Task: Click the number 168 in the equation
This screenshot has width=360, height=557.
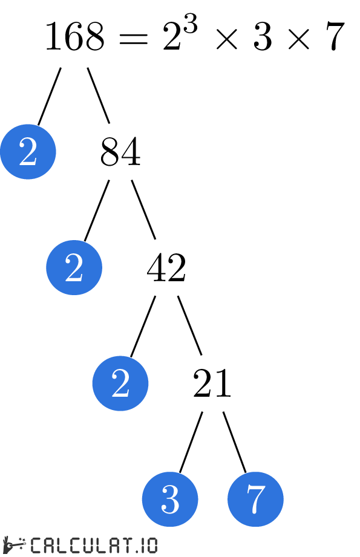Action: (x=74, y=37)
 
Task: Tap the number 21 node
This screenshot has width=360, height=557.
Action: (x=212, y=383)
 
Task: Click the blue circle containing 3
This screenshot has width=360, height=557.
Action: (x=170, y=500)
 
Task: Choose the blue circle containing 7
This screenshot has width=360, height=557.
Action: (x=255, y=500)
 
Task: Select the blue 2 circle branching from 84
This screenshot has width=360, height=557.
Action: (x=74, y=267)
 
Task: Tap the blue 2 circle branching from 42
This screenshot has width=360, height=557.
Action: (x=120, y=383)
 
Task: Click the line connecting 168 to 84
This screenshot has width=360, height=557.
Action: (x=99, y=95)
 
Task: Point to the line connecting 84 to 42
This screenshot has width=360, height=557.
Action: (x=144, y=210)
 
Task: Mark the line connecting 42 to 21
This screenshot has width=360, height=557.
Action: (x=189, y=325)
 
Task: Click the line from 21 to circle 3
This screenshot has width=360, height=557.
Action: (x=191, y=441)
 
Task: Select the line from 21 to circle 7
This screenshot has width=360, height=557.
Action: (x=235, y=441)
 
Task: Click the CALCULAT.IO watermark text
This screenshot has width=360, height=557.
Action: (x=93, y=545)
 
